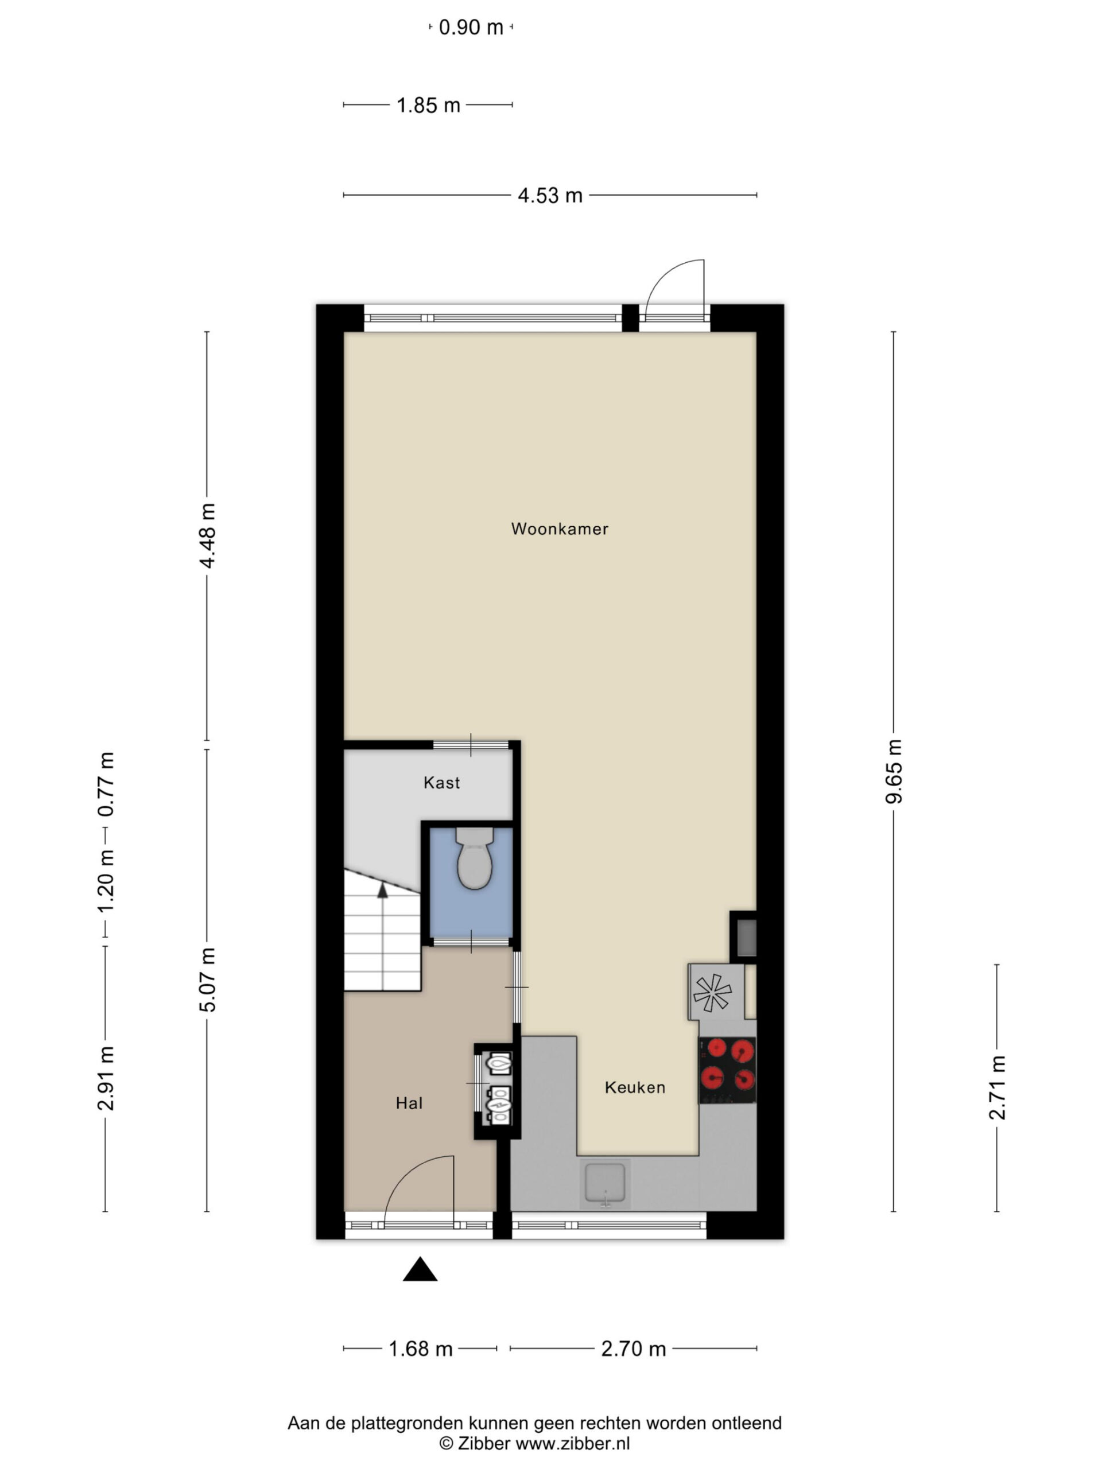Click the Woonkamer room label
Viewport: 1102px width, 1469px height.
[x=559, y=528]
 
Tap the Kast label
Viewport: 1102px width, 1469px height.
[x=442, y=782]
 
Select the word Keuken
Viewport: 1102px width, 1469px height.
[x=635, y=1087]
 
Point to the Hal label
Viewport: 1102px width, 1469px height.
[x=409, y=1103]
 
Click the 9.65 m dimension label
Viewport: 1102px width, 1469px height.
[x=894, y=771]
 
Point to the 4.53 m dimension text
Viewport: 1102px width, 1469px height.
[x=550, y=195]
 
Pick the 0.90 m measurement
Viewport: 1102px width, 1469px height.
[x=471, y=27]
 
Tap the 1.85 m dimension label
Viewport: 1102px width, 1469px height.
[x=428, y=105]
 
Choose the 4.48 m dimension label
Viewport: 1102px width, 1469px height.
[x=207, y=535]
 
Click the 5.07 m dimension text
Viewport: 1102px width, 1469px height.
[x=207, y=979]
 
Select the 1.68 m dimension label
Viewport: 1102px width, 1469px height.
[x=421, y=1349]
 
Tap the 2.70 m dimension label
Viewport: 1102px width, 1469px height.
[x=633, y=1349]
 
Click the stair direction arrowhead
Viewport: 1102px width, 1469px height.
[x=383, y=891]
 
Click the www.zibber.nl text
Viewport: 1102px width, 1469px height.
[x=573, y=1443]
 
